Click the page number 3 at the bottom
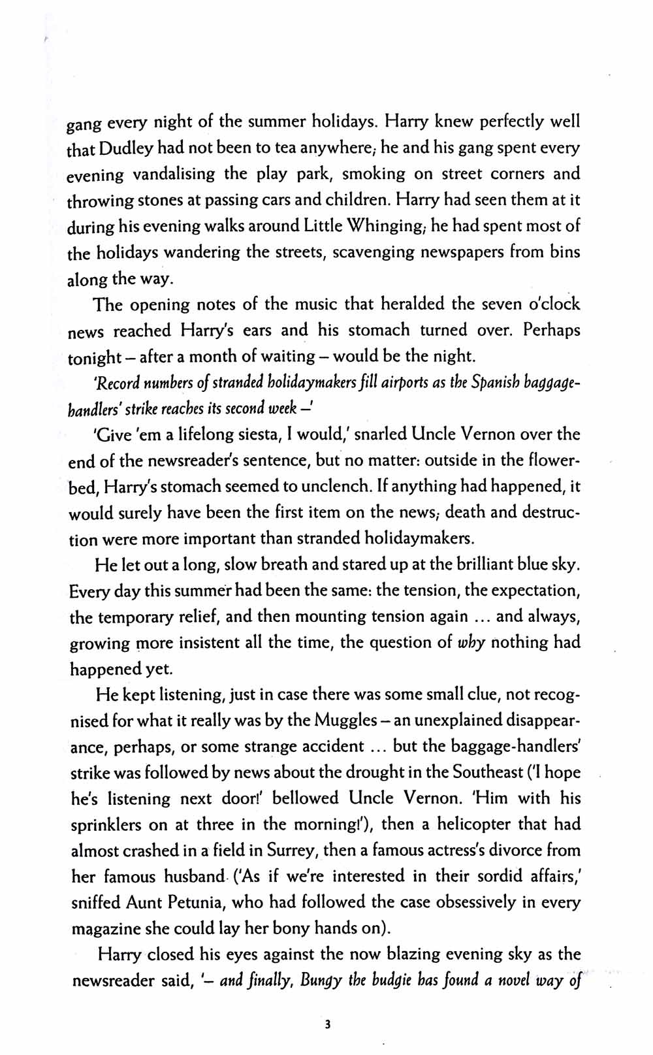point(327,1025)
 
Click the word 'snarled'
point(318,434)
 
